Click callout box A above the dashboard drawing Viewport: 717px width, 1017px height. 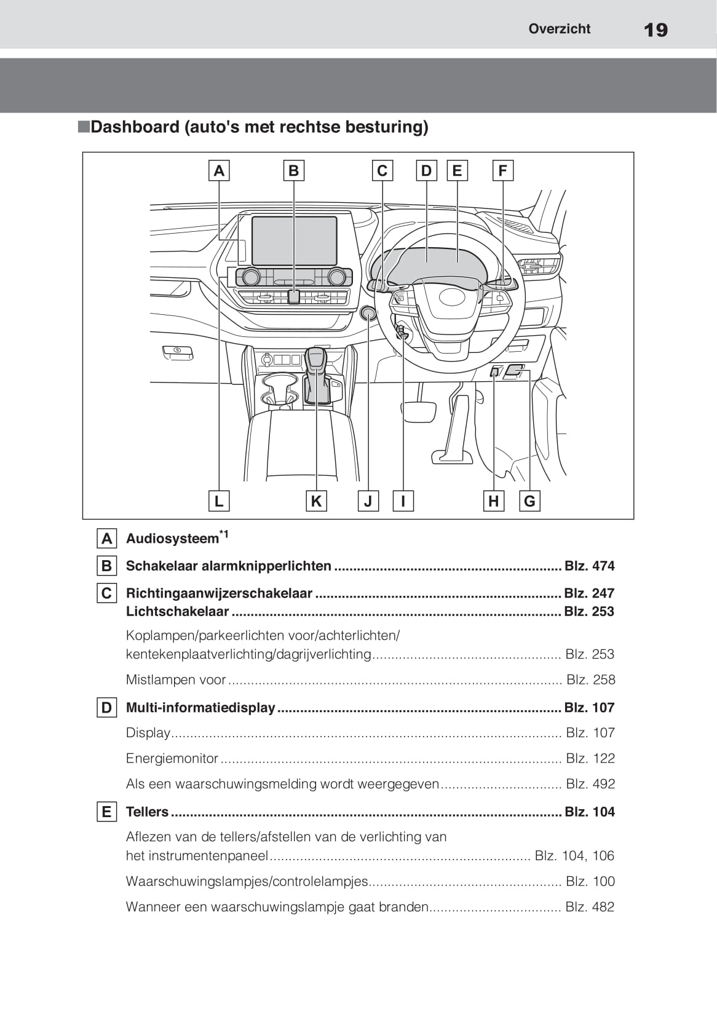point(219,170)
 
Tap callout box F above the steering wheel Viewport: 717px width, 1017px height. point(502,170)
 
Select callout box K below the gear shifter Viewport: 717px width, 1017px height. point(316,501)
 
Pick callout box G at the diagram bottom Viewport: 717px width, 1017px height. point(529,501)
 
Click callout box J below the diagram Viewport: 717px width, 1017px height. point(368,501)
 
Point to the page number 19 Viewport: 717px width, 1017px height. point(656,30)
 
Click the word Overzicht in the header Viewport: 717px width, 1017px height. point(559,29)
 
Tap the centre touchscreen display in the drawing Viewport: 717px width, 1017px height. point(294,240)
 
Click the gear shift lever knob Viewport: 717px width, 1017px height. point(315,359)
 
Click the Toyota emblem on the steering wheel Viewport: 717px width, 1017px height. point(453,297)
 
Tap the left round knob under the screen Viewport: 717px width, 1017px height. point(251,277)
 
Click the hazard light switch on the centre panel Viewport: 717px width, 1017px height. point(294,296)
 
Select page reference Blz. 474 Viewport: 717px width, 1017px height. point(589,566)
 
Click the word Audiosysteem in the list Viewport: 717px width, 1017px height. point(172,539)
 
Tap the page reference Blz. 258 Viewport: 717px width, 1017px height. point(590,679)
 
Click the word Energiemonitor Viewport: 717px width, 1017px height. point(172,758)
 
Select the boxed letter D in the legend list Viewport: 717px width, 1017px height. point(106,708)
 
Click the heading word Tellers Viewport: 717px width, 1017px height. point(147,812)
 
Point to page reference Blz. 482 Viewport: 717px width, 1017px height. point(590,906)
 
